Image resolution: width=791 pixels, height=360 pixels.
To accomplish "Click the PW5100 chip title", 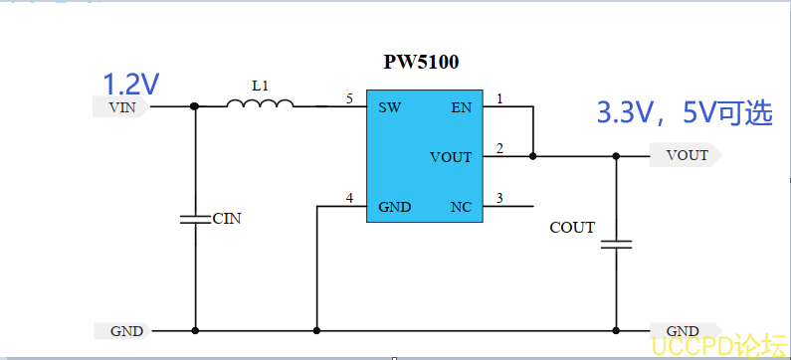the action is (421, 63).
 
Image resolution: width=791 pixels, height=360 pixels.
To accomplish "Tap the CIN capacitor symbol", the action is (195, 219).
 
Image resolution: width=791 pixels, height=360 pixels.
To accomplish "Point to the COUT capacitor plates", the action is (616, 245).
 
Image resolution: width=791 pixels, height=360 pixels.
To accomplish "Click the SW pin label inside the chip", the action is (389, 107).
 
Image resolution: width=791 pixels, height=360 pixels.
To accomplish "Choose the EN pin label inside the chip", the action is (462, 107).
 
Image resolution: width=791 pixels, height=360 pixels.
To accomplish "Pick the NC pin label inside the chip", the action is (462, 207).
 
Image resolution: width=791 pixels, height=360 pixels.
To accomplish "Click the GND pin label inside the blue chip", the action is (394, 207).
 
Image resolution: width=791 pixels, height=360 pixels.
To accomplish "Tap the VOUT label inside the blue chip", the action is (451, 157).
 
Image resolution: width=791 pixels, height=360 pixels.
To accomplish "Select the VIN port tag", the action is (121, 106).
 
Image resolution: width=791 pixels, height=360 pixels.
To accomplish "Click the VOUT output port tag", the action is (686, 155).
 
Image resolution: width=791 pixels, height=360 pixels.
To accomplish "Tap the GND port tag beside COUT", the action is (685, 331).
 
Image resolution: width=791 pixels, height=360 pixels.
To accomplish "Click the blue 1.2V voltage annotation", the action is (131, 85).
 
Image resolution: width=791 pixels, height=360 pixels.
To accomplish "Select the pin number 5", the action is (349, 98).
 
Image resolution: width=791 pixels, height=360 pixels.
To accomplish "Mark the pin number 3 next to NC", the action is (499, 198).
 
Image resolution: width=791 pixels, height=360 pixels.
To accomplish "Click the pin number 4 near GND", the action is (349, 198).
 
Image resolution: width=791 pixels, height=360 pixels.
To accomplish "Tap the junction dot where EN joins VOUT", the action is (532, 156).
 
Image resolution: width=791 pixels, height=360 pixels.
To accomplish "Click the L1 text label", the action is (260, 86).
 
